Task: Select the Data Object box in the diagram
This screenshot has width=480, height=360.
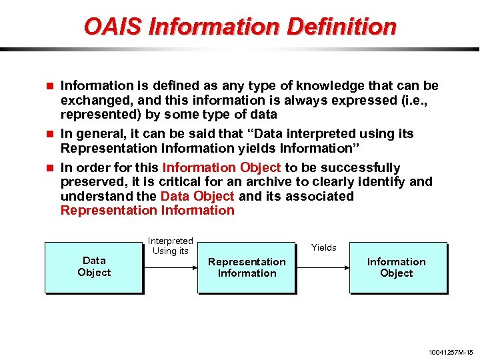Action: pyautogui.click(x=94, y=267)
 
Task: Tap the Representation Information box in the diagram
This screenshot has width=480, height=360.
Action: pyautogui.click(x=247, y=267)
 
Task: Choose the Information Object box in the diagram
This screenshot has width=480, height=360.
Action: pyautogui.click(x=397, y=267)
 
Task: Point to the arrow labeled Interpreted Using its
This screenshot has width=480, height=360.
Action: pyautogui.click(x=170, y=267)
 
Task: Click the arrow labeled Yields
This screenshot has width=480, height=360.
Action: pyautogui.click(x=323, y=267)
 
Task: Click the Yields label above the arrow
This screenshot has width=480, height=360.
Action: pyautogui.click(x=324, y=247)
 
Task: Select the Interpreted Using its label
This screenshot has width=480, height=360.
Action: pyautogui.click(x=171, y=246)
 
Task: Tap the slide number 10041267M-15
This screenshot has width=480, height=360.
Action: pyautogui.click(x=450, y=352)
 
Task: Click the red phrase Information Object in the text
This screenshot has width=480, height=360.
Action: pyautogui.click(x=221, y=167)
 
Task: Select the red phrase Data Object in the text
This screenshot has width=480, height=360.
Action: pyautogui.click(x=197, y=196)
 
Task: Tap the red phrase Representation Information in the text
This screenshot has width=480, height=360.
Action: pyautogui.click(x=147, y=211)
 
